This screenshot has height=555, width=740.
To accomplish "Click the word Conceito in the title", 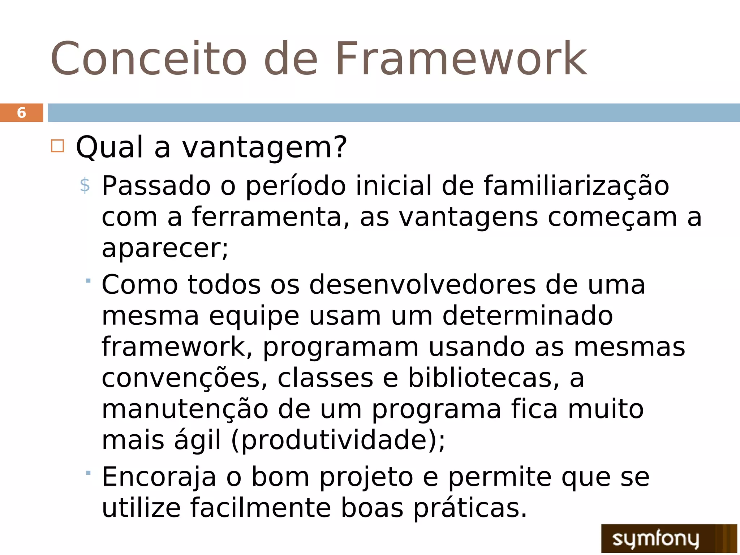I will (x=148, y=59).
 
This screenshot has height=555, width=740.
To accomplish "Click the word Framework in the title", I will (x=461, y=59).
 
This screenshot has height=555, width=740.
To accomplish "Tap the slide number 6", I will (x=22, y=113).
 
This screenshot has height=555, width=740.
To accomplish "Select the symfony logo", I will (x=668, y=538).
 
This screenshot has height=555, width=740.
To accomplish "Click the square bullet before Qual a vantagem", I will (x=57, y=146).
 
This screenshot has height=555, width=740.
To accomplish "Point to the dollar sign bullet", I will (x=85, y=186).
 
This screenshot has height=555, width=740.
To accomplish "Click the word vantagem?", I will (x=264, y=148).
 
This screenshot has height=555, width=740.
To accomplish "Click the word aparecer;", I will (x=165, y=249).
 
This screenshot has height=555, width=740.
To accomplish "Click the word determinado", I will (x=528, y=316).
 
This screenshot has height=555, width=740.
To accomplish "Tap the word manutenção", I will (x=185, y=410).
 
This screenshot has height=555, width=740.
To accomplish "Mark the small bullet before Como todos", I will (x=88, y=281).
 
